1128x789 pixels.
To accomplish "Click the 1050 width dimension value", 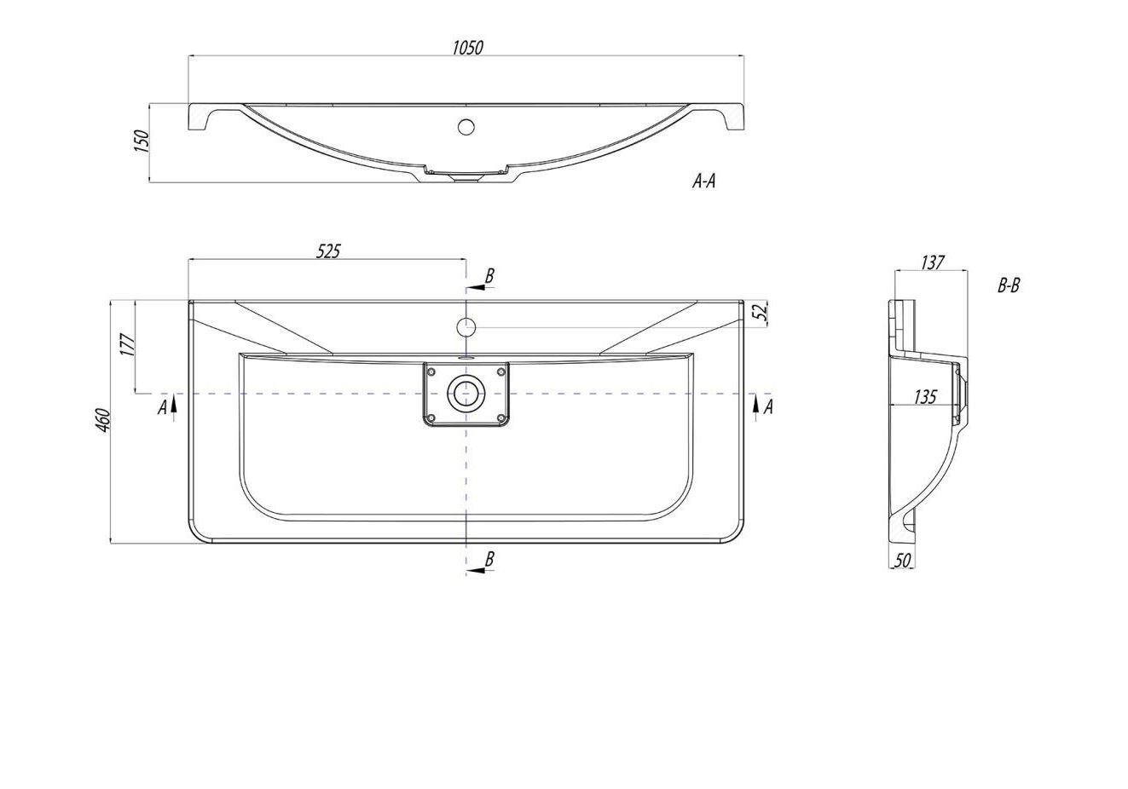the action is pos(467,48).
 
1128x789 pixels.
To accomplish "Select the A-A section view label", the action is pos(703,181).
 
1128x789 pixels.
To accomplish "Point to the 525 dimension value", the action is pos(328,251).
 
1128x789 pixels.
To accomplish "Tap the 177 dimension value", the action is pos(128,345).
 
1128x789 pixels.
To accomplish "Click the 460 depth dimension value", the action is pos(103,420).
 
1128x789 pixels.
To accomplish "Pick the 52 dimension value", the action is pos(761,312).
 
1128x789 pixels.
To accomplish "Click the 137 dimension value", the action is pos(932,262).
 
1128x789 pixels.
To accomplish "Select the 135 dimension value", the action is pos(925,397).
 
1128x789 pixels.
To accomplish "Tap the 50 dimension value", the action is pos(902,561).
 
